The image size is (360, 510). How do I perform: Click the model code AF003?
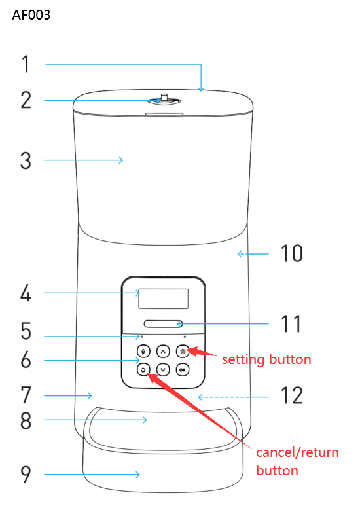[31, 15]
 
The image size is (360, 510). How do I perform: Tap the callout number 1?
[26, 64]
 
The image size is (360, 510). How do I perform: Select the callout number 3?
[26, 160]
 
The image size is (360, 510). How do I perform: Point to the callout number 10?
[292, 253]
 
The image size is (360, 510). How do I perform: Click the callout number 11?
[292, 323]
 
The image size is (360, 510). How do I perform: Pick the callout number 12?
[292, 396]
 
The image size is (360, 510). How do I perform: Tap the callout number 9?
[26, 474]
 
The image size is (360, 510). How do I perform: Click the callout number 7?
[26, 395]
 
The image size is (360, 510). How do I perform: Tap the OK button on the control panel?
[182, 370]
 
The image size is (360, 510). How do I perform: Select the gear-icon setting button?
[182, 351]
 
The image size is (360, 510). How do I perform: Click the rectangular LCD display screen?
[163, 299]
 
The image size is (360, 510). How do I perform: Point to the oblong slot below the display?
[163, 323]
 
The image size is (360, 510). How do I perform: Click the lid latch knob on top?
[163, 100]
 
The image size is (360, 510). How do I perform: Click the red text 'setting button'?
[266, 359]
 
